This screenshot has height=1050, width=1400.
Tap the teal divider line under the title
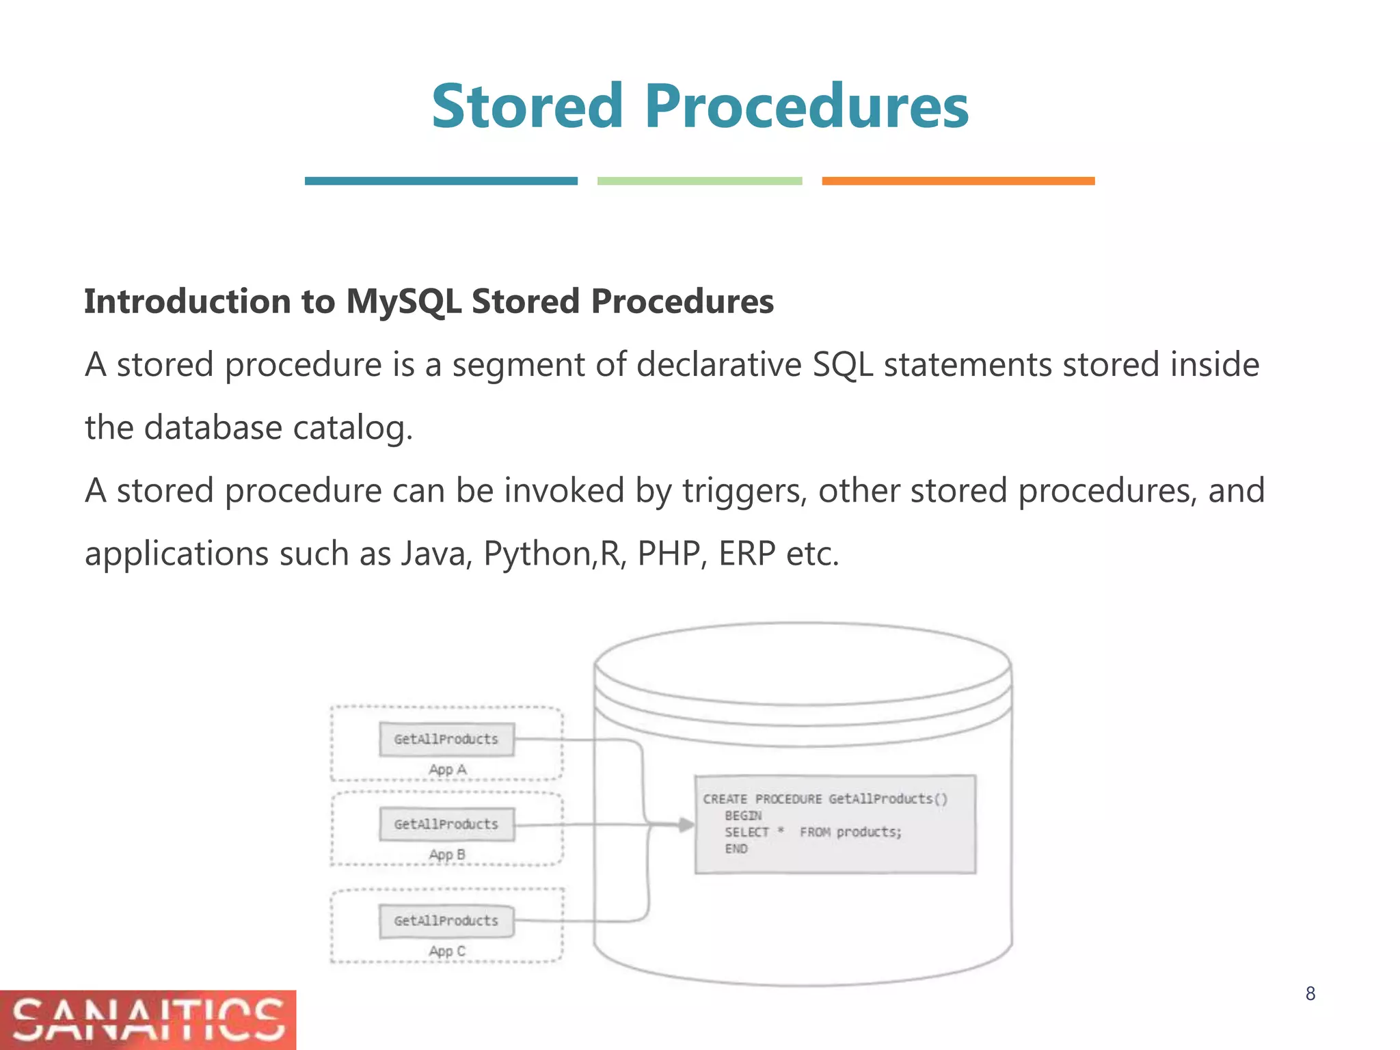441,181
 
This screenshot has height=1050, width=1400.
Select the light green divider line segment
699,181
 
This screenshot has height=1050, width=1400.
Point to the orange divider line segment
958,181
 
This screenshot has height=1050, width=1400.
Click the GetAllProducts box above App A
446,739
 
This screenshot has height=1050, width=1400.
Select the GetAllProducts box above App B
446,824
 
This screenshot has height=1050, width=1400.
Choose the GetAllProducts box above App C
446,921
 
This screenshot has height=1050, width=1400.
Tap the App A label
447,770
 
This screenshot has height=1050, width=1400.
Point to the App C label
447,951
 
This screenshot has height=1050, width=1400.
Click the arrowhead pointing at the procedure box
686,824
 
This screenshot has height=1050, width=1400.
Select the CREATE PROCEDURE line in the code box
825,799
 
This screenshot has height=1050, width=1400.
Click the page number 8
1310,994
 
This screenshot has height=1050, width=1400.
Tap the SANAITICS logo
148,1019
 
